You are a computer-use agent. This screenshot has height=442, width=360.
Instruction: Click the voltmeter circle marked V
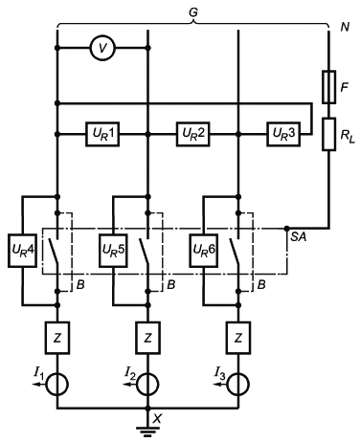102,48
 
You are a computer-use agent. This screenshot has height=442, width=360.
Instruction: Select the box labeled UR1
102,134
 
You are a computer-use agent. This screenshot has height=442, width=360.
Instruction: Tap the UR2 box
193,134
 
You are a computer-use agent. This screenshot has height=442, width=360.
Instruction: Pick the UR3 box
283,134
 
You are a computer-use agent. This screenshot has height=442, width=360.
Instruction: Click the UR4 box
22,251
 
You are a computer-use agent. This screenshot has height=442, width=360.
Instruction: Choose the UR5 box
113,251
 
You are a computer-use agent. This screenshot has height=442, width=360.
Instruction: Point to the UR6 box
204,251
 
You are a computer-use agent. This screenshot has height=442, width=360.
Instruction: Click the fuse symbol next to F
328,87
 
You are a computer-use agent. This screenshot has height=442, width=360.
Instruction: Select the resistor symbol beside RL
328,134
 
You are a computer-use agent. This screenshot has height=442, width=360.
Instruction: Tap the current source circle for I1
57,385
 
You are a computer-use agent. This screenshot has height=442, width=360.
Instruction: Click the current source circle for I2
147,385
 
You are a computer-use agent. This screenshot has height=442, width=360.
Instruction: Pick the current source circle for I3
238,385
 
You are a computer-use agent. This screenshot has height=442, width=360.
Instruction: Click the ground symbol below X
147,431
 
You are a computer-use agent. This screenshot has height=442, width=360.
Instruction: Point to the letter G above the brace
193,12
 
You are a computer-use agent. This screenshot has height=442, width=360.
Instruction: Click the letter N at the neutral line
345,28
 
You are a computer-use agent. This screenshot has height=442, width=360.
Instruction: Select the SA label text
299,236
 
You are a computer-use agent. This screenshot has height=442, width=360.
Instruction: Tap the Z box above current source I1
57,338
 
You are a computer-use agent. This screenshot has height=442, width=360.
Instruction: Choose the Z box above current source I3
238,338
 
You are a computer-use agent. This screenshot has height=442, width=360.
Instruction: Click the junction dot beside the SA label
286,229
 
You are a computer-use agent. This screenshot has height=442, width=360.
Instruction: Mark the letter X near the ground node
157,418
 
